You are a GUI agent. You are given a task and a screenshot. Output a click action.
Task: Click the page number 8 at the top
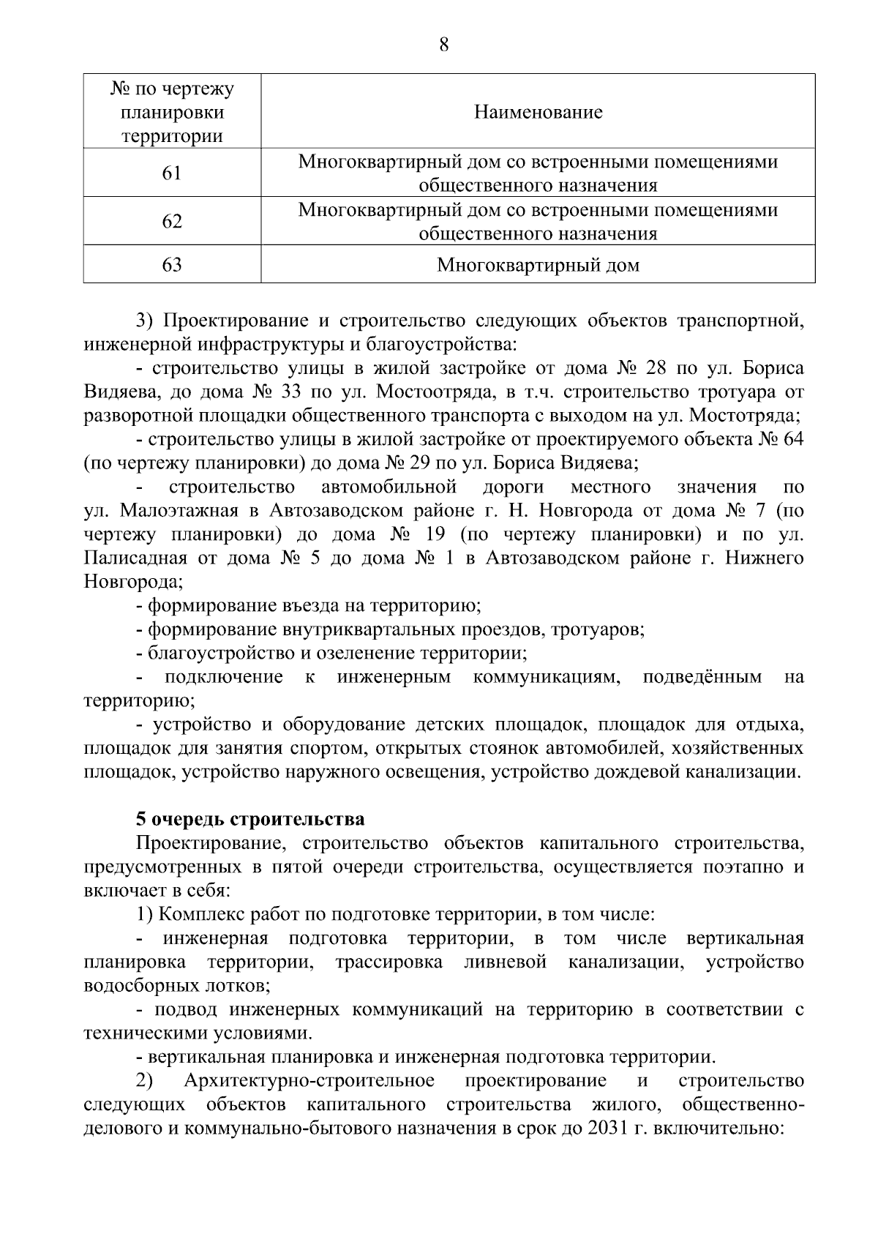tap(443, 45)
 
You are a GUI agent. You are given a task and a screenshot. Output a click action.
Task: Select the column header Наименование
tap(538, 112)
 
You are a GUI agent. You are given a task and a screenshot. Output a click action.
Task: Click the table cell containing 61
tap(172, 173)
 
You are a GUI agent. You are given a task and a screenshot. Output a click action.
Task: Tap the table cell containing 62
tap(172, 221)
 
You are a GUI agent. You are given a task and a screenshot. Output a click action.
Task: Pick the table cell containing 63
tap(172, 264)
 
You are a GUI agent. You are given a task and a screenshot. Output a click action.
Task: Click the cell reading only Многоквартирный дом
tap(538, 265)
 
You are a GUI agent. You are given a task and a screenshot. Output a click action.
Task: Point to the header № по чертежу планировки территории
tap(172, 112)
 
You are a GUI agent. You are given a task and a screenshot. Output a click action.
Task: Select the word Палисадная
tap(134, 558)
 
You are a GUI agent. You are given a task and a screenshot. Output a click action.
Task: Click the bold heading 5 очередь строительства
tap(250, 819)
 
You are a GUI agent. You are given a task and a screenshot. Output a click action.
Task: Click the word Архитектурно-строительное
tap(309, 1081)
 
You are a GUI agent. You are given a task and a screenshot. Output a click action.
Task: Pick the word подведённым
tap(702, 677)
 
